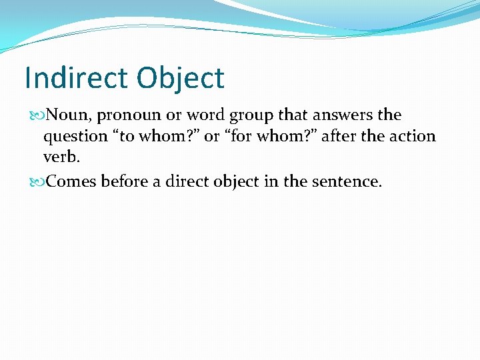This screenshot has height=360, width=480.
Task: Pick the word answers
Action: (x=343, y=115)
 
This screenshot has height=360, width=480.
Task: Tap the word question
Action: (x=72, y=137)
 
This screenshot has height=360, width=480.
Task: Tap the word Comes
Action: (x=72, y=181)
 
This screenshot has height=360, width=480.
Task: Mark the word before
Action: (x=127, y=181)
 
